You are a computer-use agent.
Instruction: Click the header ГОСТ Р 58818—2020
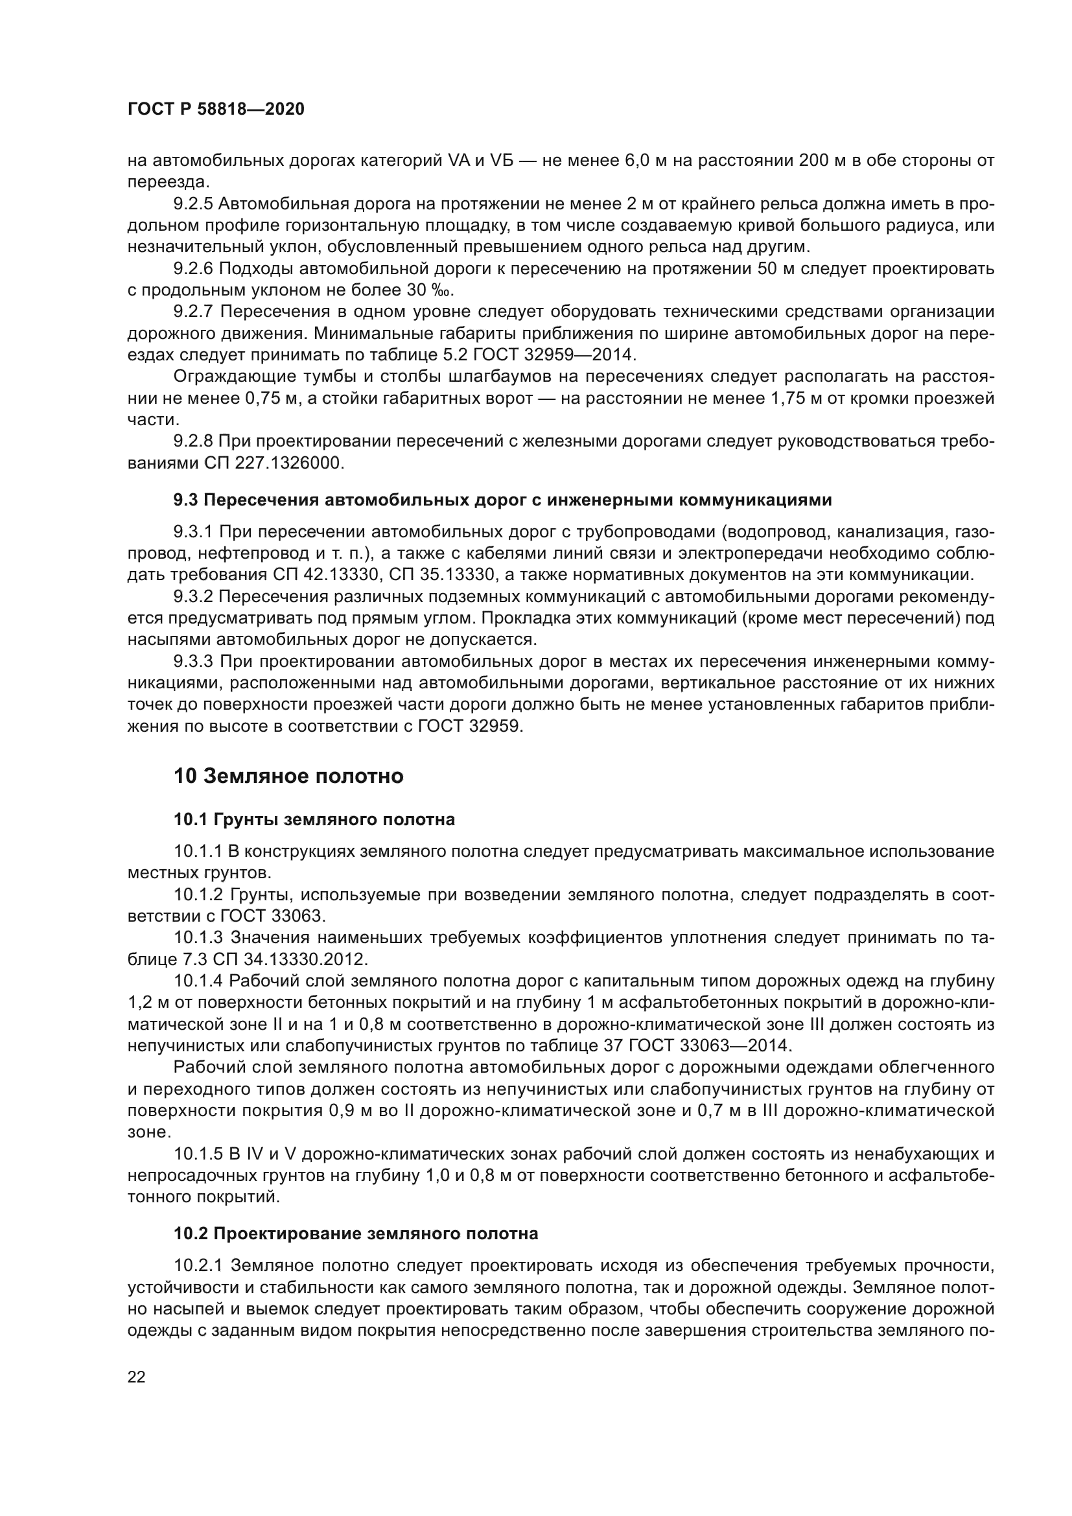point(216,110)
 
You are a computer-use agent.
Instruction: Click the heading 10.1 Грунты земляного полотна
point(314,820)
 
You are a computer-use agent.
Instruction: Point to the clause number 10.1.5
point(198,1155)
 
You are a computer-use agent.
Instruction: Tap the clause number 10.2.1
point(198,1266)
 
